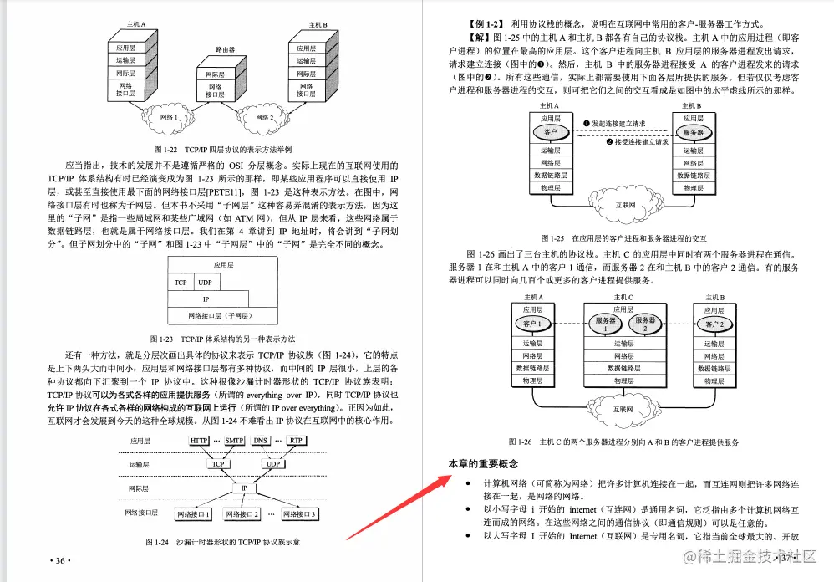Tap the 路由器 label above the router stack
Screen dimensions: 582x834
226,49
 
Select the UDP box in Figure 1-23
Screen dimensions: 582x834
206,283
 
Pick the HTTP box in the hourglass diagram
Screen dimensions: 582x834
200,440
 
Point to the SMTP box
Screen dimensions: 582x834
235,440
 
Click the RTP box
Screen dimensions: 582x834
296,440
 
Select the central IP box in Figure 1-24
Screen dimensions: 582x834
244,488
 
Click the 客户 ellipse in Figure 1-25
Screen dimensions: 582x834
550,132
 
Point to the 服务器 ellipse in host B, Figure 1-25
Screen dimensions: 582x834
699,132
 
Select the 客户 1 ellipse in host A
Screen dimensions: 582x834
533,324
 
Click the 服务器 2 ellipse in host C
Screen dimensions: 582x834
645,324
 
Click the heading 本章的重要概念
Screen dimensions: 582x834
484,463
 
